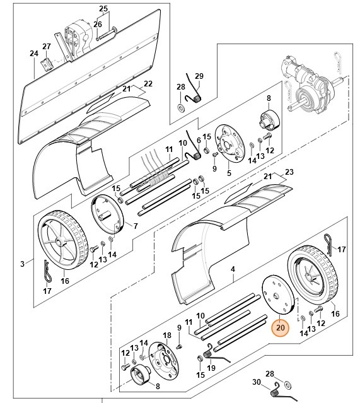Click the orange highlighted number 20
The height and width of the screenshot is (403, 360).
pyautogui.click(x=279, y=329)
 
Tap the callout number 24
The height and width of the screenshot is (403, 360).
pyautogui.click(x=33, y=54)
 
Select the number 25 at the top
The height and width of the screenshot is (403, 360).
pyautogui.click(x=103, y=8)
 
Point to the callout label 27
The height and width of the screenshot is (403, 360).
pyautogui.click(x=46, y=47)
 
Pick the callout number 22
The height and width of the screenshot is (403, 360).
pyautogui.click(x=148, y=84)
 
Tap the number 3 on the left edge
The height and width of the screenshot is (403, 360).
pyautogui.click(x=22, y=262)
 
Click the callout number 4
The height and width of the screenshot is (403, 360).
pyautogui.click(x=233, y=269)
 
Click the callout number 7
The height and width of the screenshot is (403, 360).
pyautogui.click(x=135, y=226)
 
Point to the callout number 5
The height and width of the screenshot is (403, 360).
pyautogui.click(x=228, y=173)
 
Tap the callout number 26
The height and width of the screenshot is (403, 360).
pyautogui.click(x=98, y=25)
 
